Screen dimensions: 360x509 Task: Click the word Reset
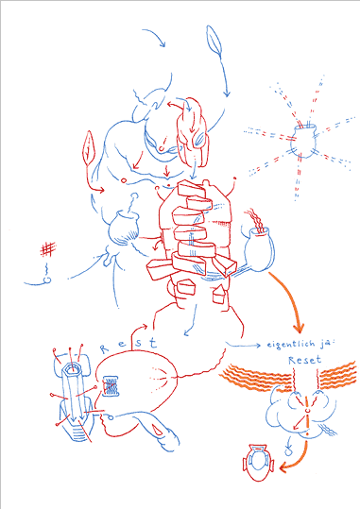[x=305, y=360]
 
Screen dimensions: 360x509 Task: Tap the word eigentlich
[x=291, y=345]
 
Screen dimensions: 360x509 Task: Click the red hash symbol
[x=48, y=249]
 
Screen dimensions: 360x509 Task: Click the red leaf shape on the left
[x=89, y=147]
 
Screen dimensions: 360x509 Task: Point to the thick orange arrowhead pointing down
[x=299, y=327]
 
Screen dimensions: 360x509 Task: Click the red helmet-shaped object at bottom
[x=258, y=463]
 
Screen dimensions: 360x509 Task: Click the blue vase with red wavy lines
[x=259, y=249]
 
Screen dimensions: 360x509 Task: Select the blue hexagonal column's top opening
[x=72, y=368]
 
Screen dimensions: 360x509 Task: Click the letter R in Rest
[x=104, y=349]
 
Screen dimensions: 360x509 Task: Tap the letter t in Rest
[x=153, y=343]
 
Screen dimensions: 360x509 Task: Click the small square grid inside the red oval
[x=111, y=386]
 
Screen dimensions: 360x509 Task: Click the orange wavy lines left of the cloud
[x=257, y=378]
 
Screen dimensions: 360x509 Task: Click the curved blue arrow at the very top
[x=156, y=33]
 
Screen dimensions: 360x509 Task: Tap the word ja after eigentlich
[x=325, y=345]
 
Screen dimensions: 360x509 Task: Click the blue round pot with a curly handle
[x=124, y=228]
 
